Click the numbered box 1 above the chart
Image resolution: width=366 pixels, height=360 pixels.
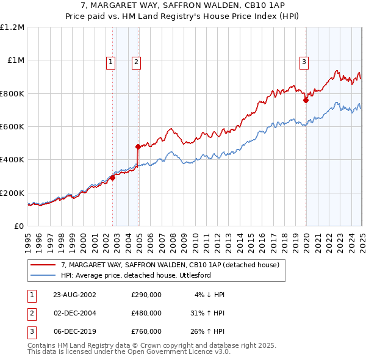click(x=110, y=61)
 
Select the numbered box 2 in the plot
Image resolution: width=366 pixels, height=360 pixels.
click(x=136, y=61)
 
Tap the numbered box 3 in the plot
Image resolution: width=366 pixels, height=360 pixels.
click(x=304, y=61)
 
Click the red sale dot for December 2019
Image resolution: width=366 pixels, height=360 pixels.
click(x=306, y=101)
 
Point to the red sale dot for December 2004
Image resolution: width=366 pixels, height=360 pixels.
click(x=138, y=146)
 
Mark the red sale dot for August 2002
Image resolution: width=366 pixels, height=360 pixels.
click(x=112, y=178)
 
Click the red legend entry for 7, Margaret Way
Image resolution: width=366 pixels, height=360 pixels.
click(x=170, y=265)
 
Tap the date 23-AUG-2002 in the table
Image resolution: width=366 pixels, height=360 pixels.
click(x=74, y=295)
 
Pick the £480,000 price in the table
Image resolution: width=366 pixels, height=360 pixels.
click(x=146, y=313)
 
